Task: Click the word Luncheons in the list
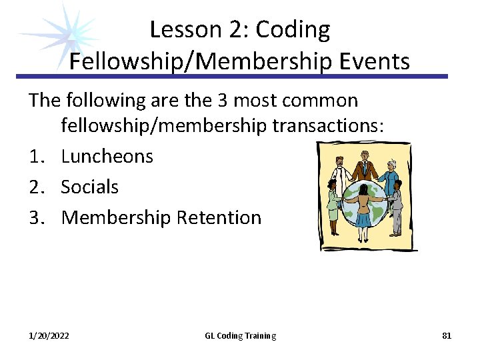tap(107, 157)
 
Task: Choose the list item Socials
tap(89, 187)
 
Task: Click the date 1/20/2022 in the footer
tap(49, 336)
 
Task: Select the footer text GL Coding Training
tap(240, 336)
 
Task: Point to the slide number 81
tap(447, 336)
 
